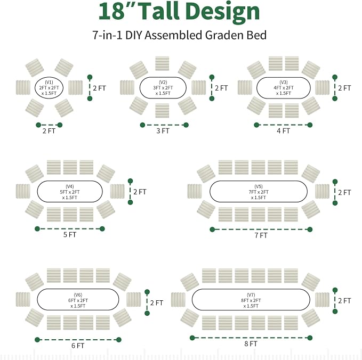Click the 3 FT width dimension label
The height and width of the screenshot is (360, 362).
(163, 131)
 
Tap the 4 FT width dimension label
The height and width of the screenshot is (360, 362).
(283, 131)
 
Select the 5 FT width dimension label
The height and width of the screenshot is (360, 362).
(70, 235)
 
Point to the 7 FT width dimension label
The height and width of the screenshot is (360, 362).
(261, 235)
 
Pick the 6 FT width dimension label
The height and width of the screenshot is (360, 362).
(78, 346)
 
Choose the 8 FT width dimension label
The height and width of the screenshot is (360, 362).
(251, 344)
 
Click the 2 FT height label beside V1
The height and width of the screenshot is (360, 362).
(100, 88)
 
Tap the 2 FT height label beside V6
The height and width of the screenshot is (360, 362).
(157, 303)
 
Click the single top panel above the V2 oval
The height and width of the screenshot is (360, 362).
(162, 63)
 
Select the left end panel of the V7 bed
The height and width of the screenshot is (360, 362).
(178, 300)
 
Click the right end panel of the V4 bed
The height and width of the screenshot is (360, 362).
(117, 191)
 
